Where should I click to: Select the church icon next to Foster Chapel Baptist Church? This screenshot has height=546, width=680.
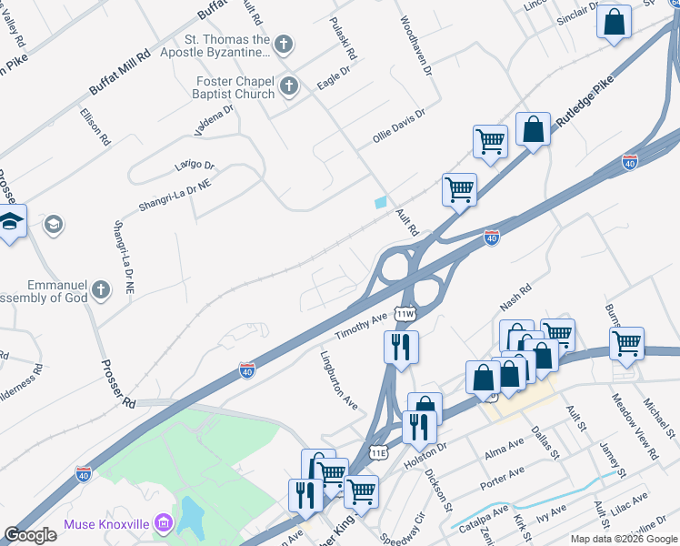pos(289,87)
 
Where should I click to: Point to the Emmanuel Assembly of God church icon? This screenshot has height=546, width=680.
pos(101,290)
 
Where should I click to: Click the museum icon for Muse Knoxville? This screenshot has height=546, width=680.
pos(164,523)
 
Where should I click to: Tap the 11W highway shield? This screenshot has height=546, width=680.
pos(405,313)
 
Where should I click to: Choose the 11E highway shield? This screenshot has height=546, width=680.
pos(378,452)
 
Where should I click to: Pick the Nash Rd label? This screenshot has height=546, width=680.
pos(514,298)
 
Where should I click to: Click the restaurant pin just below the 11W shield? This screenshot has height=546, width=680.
pos(401,347)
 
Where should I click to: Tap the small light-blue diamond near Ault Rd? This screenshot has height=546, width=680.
pos(380,202)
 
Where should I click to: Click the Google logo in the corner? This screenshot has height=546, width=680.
pos(30,535)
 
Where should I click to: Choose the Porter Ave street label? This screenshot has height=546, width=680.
pos(504,476)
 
